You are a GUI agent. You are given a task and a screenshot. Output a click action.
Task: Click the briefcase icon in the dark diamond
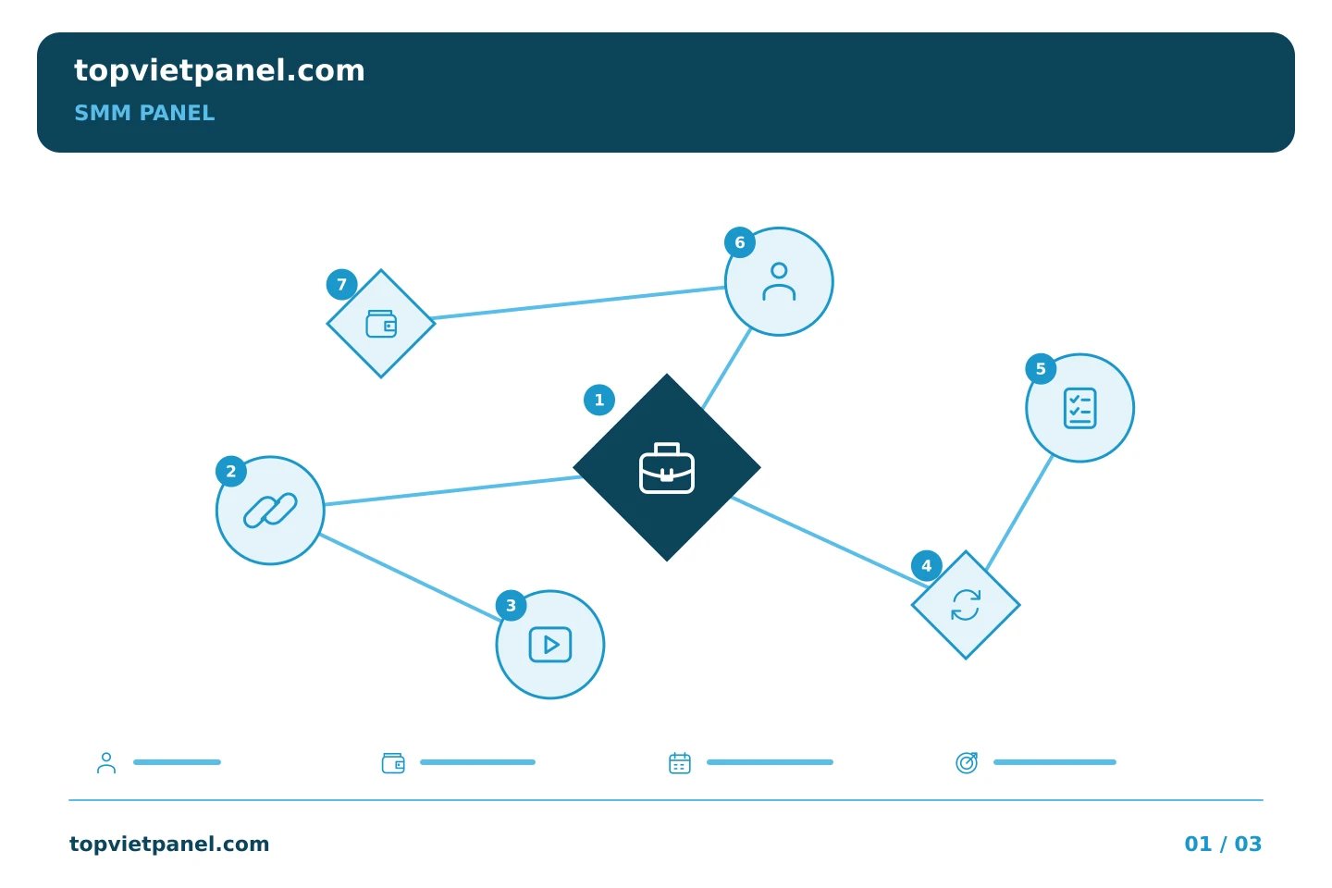(667, 468)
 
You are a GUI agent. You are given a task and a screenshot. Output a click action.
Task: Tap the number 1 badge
(598, 400)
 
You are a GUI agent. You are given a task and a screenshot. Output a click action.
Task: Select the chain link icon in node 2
(270, 511)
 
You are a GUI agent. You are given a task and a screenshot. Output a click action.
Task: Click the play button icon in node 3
(550, 644)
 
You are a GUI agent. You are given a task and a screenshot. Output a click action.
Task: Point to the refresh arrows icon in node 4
(965, 605)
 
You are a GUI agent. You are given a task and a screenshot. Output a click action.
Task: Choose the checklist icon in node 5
(1079, 408)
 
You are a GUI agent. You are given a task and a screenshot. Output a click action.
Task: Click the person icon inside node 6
(779, 281)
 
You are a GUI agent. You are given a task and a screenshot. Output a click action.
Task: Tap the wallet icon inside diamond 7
(381, 324)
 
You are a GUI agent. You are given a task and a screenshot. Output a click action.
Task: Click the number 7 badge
(342, 284)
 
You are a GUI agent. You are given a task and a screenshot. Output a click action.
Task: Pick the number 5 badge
(1041, 369)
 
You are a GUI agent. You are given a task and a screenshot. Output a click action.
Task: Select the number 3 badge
(511, 606)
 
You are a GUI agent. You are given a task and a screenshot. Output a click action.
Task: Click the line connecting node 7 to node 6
(578, 302)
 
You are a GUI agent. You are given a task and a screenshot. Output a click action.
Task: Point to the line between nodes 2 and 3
(411, 577)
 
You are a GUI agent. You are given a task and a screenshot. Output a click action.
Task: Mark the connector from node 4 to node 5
(1019, 512)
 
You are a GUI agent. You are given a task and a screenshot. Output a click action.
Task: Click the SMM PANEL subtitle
(144, 113)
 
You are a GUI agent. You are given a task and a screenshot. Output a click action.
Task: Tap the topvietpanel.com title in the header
(219, 71)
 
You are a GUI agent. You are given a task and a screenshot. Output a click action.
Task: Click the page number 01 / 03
(1223, 844)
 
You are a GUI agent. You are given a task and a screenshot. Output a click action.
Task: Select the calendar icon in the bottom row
(680, 762)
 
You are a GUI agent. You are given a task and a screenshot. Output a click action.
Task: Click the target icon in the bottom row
(967, 762)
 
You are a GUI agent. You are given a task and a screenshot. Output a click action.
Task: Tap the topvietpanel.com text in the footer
(169, 844)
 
